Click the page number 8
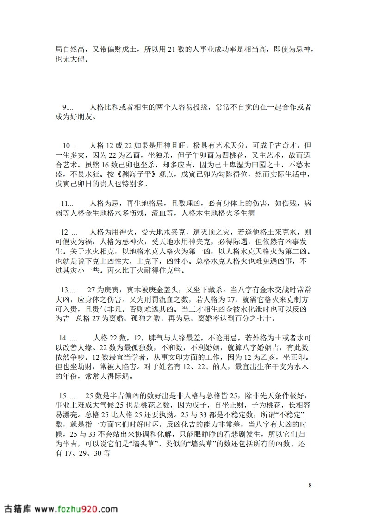tap(310, 485)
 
